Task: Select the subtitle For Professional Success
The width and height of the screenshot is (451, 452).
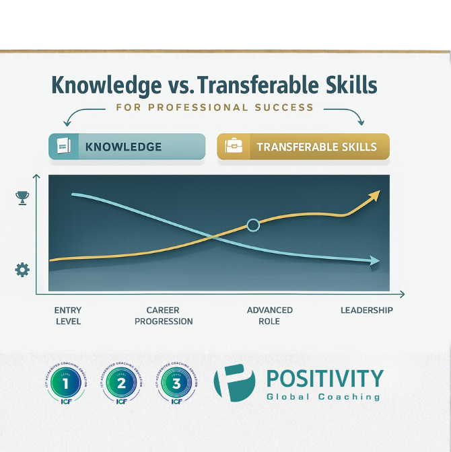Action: tap(215, 107)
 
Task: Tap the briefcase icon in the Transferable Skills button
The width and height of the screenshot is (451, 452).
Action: tap(234, 146)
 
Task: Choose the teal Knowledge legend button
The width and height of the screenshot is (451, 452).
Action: tap(127, 146)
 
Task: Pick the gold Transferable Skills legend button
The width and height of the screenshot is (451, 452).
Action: tap(303, 146)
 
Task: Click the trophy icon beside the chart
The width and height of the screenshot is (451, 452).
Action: tap(22, 197)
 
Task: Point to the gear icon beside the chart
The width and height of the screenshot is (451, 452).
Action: tap(22, 270)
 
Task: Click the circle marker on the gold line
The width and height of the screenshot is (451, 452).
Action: tap(253, 225)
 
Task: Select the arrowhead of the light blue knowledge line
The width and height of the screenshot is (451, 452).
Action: tap(374, 261)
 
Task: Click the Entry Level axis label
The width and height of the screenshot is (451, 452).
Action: tap(68, 315)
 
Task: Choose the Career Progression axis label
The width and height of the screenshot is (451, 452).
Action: tap(164, 315)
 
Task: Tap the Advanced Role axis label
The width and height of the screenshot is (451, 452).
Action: tap(270, 315)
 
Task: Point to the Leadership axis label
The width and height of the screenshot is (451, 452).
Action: tap(366, 310)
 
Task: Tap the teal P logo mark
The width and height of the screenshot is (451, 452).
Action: tap(234, 383)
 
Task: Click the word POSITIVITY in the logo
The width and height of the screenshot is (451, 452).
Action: tap(324, 378)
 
